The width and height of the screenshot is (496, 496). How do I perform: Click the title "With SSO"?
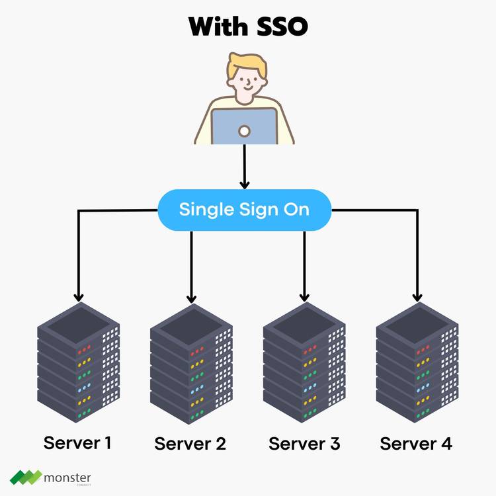click(248, 27)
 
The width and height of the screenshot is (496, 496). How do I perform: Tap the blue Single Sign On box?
click(244, 210)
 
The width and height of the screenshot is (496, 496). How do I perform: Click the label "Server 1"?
click(77, 442)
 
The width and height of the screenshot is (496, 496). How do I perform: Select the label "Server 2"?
click(190, 443)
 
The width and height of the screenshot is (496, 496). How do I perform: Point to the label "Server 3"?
click(304, 443)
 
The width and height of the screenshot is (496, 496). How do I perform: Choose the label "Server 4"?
click(416, 443)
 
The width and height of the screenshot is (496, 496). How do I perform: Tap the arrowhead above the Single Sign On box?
click(245, 184)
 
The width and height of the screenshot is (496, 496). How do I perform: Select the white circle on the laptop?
click(244, 131)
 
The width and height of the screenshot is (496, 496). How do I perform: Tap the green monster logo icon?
click(25, 477)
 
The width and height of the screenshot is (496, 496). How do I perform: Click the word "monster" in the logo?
click(67, 477)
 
